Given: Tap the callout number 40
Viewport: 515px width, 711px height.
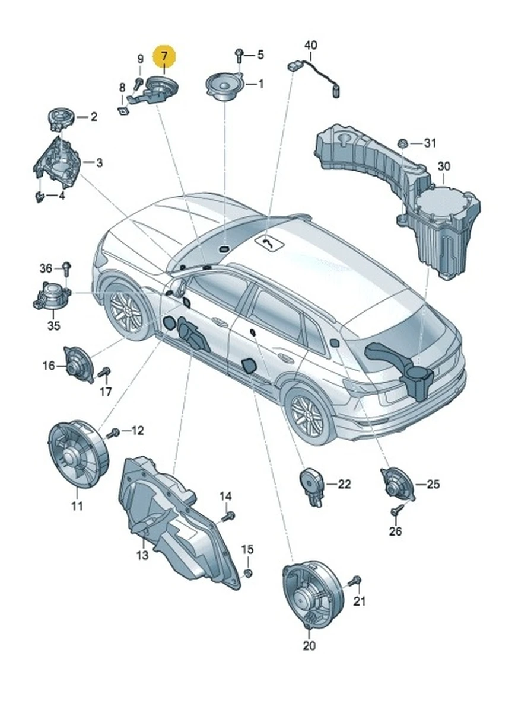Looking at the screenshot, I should pos(310,45).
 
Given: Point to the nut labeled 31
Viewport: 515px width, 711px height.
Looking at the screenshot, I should pos(402,143).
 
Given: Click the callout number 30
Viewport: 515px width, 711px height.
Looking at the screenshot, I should pos(444,166).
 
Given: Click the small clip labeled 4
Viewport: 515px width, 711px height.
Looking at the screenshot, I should pos(40,196).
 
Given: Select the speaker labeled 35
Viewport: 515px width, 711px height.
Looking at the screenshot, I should pos(53,296).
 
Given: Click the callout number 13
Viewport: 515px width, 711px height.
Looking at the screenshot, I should pos(142,555).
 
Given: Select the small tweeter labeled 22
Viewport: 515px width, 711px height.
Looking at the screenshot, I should pos(311,481).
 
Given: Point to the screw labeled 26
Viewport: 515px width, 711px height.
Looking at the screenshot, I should pos(395,510).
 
